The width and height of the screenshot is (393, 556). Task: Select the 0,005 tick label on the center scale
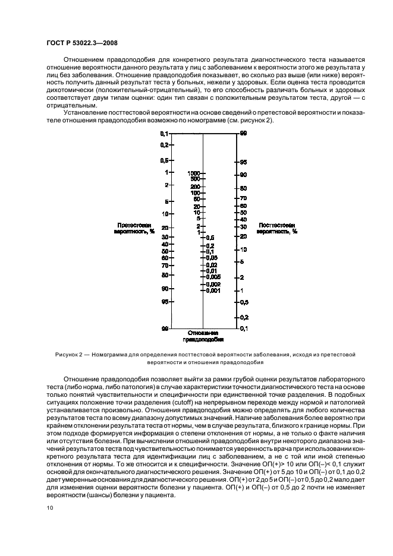tap(213, 277)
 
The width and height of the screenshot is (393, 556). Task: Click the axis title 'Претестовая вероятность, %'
tap(136, 229)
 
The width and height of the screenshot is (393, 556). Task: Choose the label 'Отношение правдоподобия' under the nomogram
tap(203, 336)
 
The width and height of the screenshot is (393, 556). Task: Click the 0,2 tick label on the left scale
tap(165, 145)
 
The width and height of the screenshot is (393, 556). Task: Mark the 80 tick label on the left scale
tap(165, 275)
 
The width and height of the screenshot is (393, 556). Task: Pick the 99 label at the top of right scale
tap(243, 134)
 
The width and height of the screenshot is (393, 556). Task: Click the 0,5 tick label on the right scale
tap(243, 302)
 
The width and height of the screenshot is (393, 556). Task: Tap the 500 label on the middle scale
tap(194, 179)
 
